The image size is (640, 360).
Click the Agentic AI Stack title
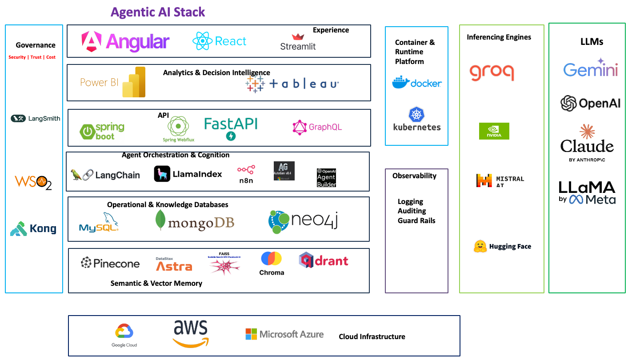[158, 12]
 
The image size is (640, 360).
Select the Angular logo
[125, 42]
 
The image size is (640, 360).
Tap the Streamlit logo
[298, 42]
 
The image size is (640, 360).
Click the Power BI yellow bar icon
[134, 82]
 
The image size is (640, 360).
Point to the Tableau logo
[292, 84]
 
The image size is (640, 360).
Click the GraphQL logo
[317, 127]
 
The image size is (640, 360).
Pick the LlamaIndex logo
[188, 174]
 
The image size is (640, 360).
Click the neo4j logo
[303, 221]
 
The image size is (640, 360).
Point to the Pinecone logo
[110, 263]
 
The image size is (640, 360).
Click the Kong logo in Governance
[33, 229]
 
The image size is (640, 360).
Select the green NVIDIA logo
[494, 131]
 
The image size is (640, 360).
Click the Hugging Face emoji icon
[480, 246]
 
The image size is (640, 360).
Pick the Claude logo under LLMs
[587, 143]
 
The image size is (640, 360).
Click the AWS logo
[191, 333]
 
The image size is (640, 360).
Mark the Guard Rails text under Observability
[416, 220]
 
